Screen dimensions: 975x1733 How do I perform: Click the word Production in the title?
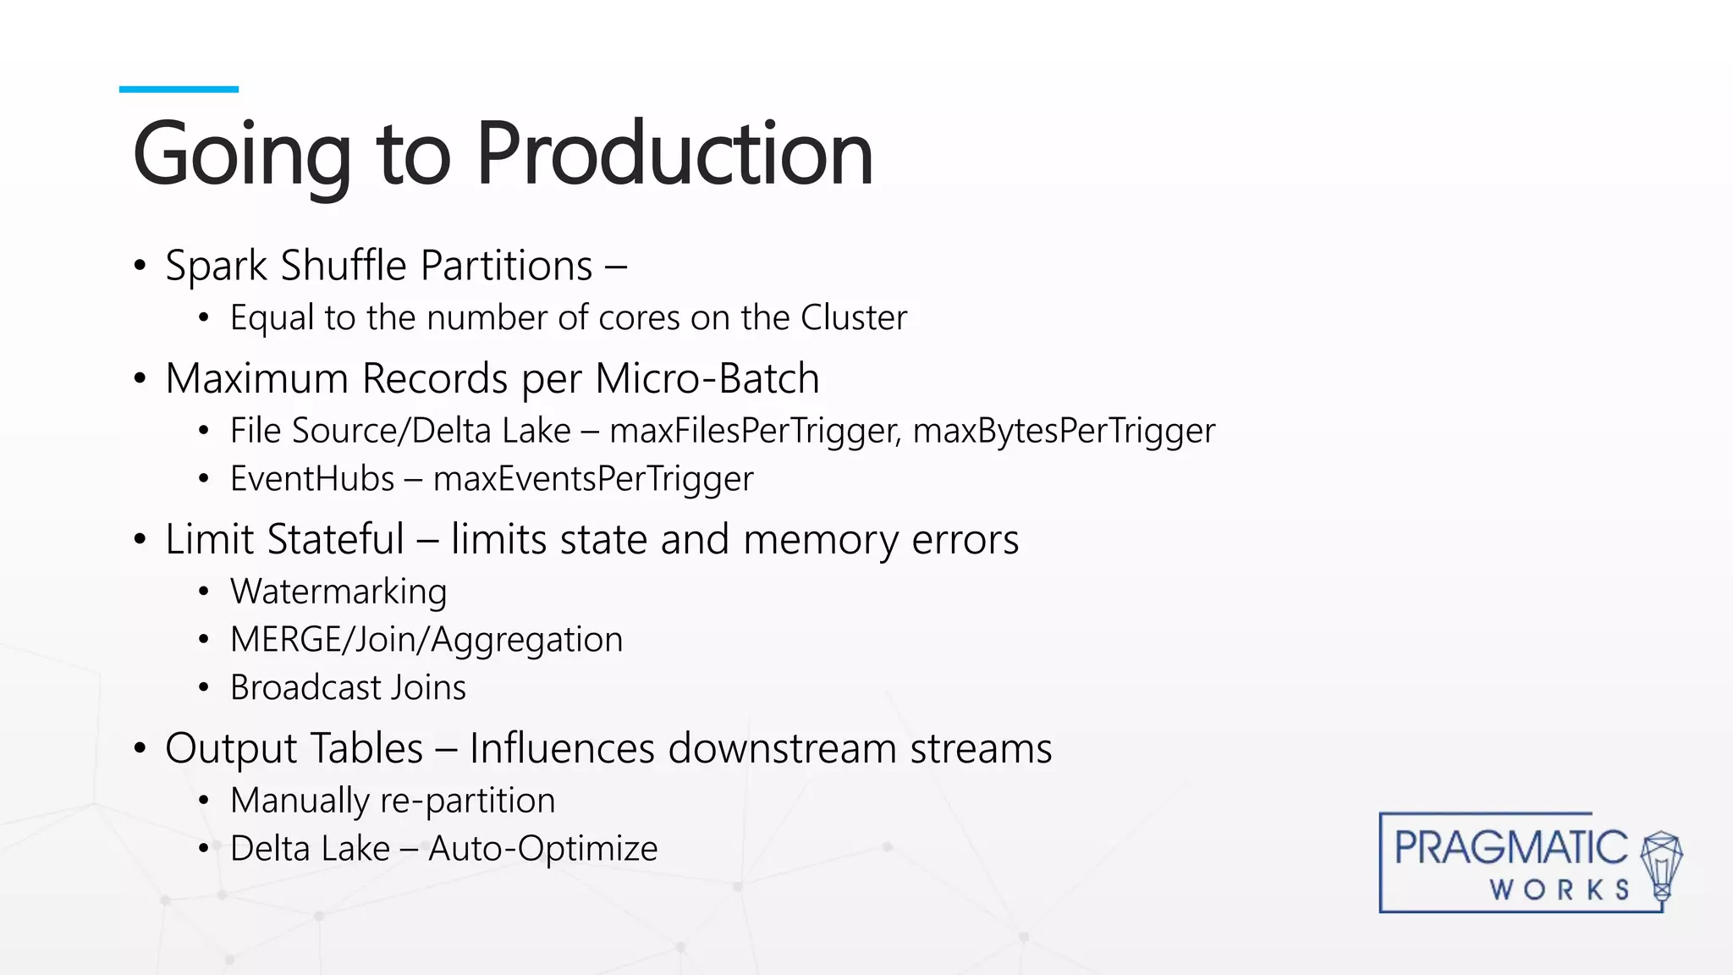[x=674, y=154]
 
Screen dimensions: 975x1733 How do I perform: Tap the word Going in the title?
[x=241, y=156]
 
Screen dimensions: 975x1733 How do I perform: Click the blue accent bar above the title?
[x=179, y=89]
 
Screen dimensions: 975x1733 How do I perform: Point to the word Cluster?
[x=853, y=318]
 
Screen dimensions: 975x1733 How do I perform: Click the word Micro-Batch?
[x=707, y=378]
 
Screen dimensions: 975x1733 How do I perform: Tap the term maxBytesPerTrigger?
[x=1064, y=431]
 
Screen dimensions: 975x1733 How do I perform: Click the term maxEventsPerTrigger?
[x=592, y=479]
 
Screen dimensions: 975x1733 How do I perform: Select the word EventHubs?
[x=312, y=479]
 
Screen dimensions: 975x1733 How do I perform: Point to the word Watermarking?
[x=338, y=592]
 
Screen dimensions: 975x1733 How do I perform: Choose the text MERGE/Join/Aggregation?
[x=426, y=640]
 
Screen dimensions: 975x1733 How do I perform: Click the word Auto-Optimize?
[x=542, y=849]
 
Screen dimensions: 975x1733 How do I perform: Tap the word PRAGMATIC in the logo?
[x=1510, y=848]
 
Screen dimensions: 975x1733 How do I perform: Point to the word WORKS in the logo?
[x=1560, y=890]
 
